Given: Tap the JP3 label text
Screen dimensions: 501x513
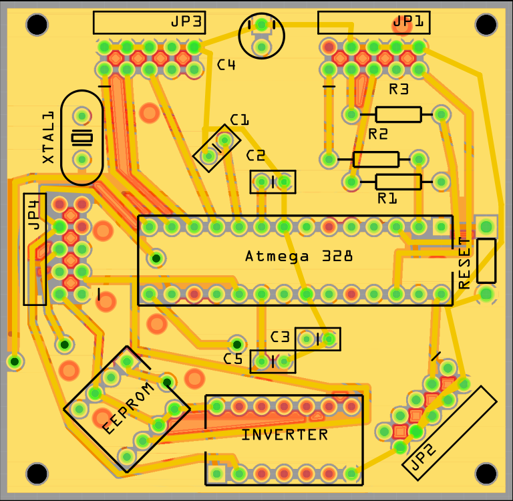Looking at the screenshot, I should (186, 21).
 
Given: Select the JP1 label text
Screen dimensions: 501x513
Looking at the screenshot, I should (408, 21).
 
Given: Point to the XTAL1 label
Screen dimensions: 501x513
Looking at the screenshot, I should (48, 138).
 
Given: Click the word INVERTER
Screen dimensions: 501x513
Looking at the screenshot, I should (285, 435).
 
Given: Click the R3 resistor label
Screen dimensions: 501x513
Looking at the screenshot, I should (399, 89).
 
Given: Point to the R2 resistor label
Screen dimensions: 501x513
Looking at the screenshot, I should (378, 134).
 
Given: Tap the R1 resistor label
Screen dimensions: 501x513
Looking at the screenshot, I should (387, 198).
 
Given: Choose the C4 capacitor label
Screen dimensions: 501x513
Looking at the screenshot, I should (226, 65).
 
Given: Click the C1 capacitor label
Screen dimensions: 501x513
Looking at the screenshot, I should (239, 120).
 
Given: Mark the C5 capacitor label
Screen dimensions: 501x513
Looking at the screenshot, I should (233, 359).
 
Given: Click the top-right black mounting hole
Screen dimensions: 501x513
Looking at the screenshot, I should (488, 25).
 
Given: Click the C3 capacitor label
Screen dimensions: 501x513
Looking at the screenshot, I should (280, 337).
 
